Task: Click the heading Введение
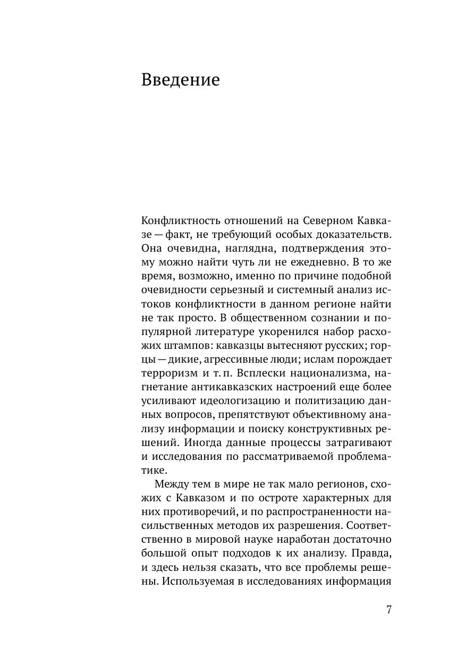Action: coord(180,80)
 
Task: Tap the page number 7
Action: coord(388,609)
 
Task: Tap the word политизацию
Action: coord(333,400)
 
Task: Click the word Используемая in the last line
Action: coord(199,580)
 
